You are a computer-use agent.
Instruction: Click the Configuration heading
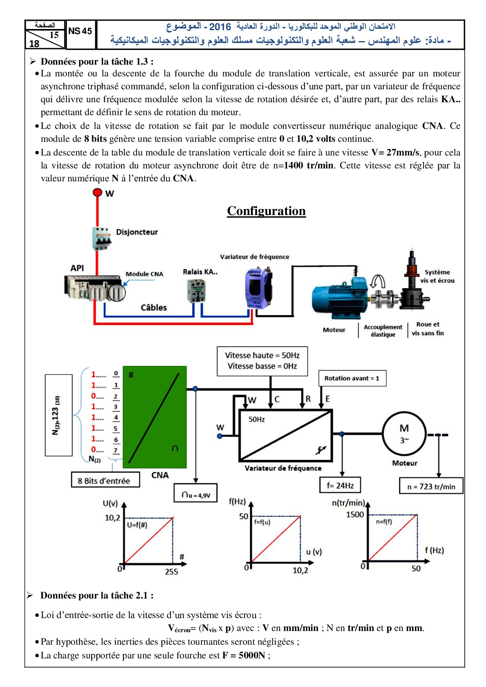pyautogui.click(x=266, y=211)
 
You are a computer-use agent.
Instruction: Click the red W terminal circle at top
pyautogui.click(x=97, y=192)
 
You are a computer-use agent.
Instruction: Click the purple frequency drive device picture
pyautogui.click(x=258, y=288)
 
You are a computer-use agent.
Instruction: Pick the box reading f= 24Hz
pyautogui.click(x=340, y=485)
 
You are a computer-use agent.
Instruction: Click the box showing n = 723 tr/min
pyautogui.click(x=431, y=486)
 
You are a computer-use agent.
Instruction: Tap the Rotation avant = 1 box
pyautogui.click(x=352, y=378)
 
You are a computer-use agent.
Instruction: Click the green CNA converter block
pyautogui.click(x=155, y=417)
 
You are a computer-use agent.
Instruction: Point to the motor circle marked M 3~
pyautogui.click(x=404, y=434)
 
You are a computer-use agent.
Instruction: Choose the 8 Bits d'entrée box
pyautogui.click(x=105, y=481)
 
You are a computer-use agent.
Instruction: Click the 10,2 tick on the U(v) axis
pyautogui.click(x=112, y=518)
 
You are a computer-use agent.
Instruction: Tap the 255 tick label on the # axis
pyautogui.click(x=171, y=571)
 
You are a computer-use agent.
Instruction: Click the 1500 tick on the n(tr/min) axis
pyautogui.click(x=355, y=514)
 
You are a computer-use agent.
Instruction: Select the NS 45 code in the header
pyautogui.click(x=80, y=31)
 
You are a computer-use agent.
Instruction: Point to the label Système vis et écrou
pyautogui.click(x=437, y=276)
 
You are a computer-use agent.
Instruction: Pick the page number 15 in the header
pyautogui.click(x=54, y=35)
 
